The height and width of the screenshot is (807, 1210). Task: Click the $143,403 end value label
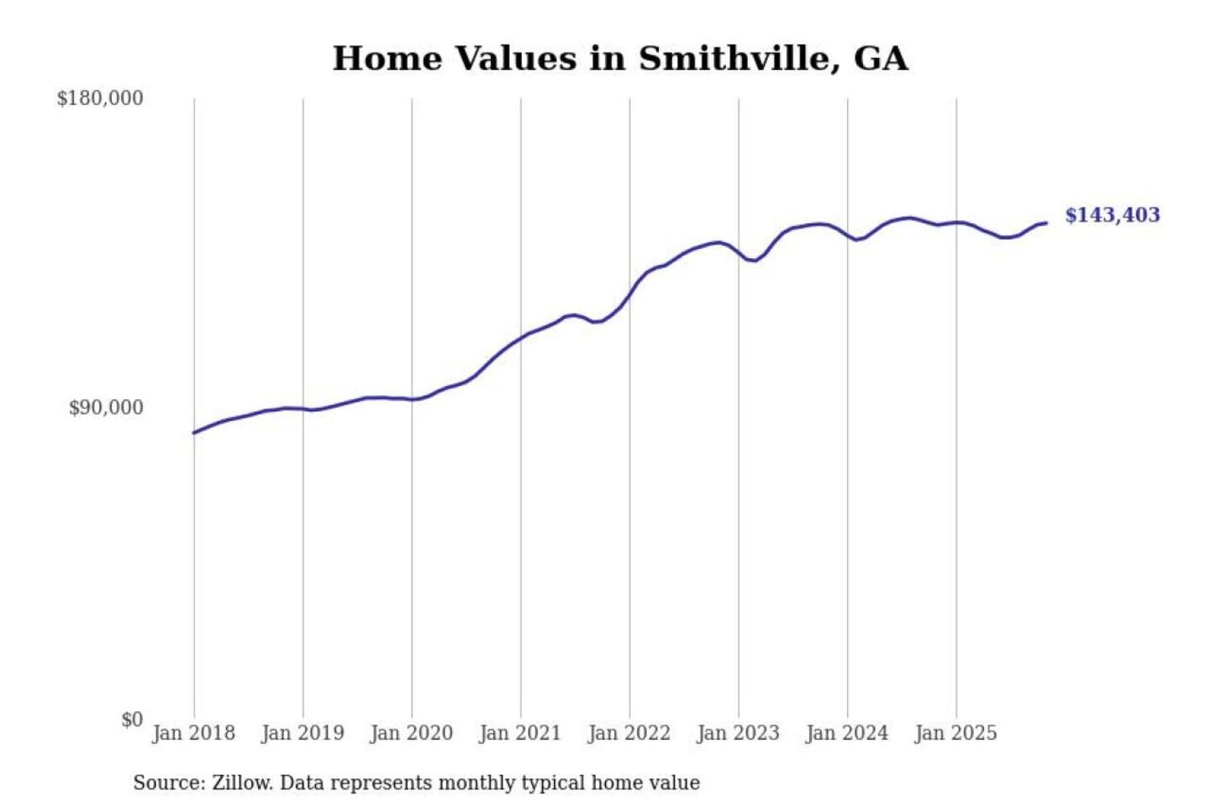click(1112, 215)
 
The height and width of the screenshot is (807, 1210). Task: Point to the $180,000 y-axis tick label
click(100, 98)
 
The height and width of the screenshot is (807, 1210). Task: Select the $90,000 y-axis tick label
click(106, 408)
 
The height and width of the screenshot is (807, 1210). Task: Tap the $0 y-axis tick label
click(132, 720)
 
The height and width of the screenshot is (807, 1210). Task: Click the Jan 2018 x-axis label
click(193, 733)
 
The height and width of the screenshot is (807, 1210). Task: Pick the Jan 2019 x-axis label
click(302, 733)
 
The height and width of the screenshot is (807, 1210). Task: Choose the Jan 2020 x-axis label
click(411, 733)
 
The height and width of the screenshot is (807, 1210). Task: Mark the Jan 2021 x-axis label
click(520, 733)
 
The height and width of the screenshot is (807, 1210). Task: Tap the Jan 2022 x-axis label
click(629, 733)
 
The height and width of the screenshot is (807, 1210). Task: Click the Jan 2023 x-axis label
click(738, 733)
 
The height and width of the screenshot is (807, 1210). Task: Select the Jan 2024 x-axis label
click(846, 733)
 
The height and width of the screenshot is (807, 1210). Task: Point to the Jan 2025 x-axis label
click(955, 733)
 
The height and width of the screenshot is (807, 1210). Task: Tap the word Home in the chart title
click(388, 59)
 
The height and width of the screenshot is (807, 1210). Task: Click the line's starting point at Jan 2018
click(194, 433)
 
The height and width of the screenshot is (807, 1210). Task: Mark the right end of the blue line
click(1046, 223)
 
